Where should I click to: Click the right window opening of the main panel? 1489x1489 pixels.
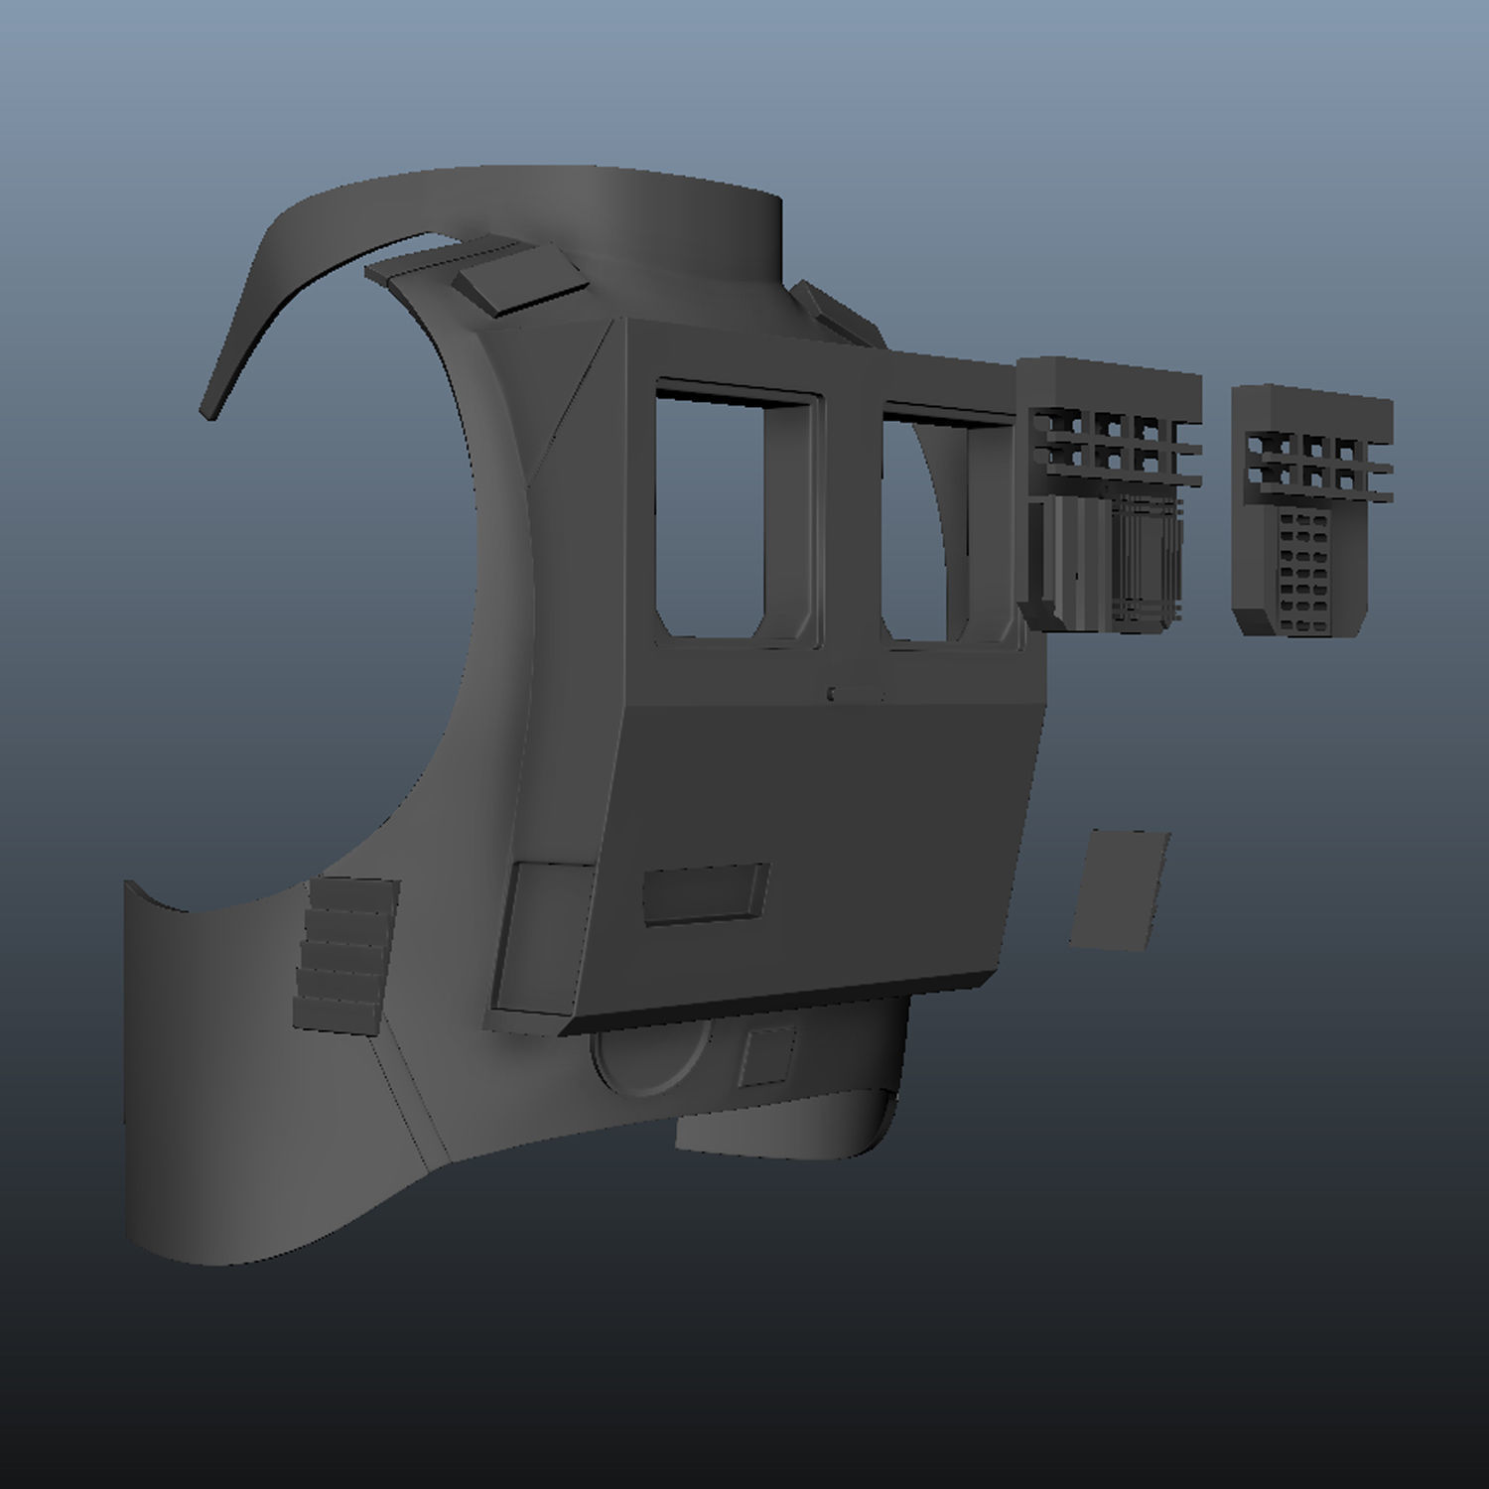click(x=918, y=526)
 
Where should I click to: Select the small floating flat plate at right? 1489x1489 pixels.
click(x=1120, y=890)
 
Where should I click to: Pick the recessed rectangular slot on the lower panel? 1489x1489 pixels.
click(x=705, y=893)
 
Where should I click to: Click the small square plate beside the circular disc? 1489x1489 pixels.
click(x=768, y=1055)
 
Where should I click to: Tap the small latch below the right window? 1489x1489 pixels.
click(x=856, y=692)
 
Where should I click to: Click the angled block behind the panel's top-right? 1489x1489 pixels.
click(x=834, y=313)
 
